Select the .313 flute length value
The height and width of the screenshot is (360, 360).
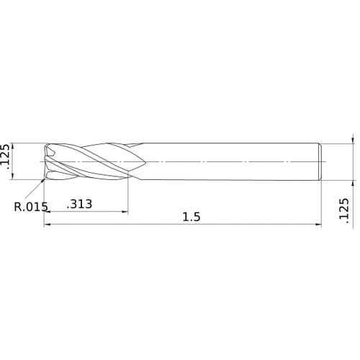point(79,204)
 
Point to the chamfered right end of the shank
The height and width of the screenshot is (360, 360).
point(320,162)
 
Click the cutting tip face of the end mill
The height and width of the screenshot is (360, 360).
point(48,162)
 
